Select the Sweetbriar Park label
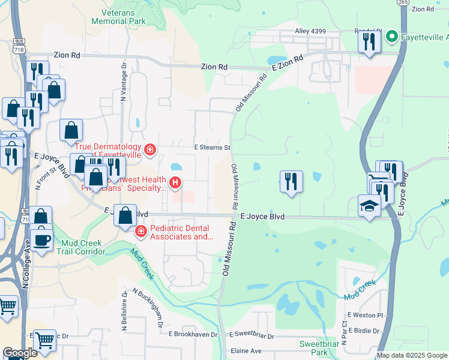click(319, 348)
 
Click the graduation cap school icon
click(369, 205)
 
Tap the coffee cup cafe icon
click(41, 239)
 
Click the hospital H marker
click(175, 182)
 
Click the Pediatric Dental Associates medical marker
click(140, 231)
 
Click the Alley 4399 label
click(310, 31)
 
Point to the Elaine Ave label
click(246, 351)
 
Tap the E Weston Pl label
click(365, 315)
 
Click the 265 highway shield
click(402, 2)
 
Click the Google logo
click(20, 353)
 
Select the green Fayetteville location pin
click(391, 37)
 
